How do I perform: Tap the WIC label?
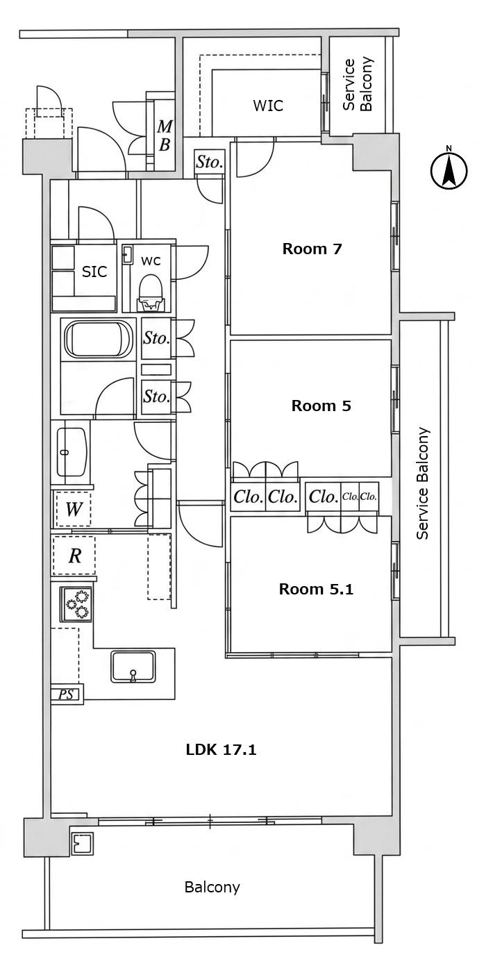click(268, 106)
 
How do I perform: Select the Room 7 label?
click(312, 249)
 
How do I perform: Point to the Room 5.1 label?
click(316, 589)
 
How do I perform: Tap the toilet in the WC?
click(150, 293)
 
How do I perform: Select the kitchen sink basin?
click(133, 667)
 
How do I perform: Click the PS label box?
click(67, 694)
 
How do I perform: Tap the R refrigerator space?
click(74, 555)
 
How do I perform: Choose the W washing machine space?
click(74, 509)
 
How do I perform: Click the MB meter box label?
click(165, 135)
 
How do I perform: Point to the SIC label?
click(94, 272)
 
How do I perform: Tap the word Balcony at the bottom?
click(212, 888)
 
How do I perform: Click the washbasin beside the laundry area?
click(72, 452)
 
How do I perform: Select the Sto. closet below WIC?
click(210, 162)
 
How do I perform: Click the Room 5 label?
click(321, 406)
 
